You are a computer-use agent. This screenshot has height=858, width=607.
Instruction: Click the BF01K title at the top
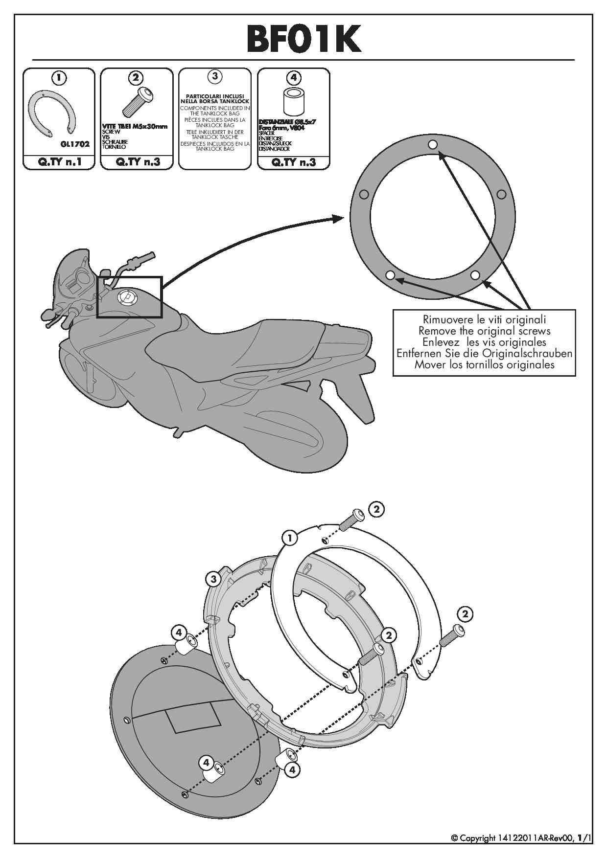pos(303,39)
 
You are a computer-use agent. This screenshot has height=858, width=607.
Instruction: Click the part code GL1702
pos(75,145)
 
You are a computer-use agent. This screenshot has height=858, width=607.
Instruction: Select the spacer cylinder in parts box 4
pos(293,102)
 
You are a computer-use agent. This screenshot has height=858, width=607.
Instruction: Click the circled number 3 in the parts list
pos(215,76)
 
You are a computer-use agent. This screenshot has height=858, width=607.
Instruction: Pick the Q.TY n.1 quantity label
pos(59,162)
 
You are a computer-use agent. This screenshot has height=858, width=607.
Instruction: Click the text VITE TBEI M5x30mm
pos(135,126)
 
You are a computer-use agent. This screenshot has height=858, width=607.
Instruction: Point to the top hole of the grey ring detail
pos(432,144)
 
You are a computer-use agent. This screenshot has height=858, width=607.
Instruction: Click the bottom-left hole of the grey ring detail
pos(390,275)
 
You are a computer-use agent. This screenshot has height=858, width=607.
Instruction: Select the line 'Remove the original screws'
pos(484,331)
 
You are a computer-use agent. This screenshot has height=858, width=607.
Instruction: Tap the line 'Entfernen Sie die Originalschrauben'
pos(484,353)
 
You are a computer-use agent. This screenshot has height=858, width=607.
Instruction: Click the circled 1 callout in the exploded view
pos(290,539)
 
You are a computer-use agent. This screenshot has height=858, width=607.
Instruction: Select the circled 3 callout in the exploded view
pos(213,580)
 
